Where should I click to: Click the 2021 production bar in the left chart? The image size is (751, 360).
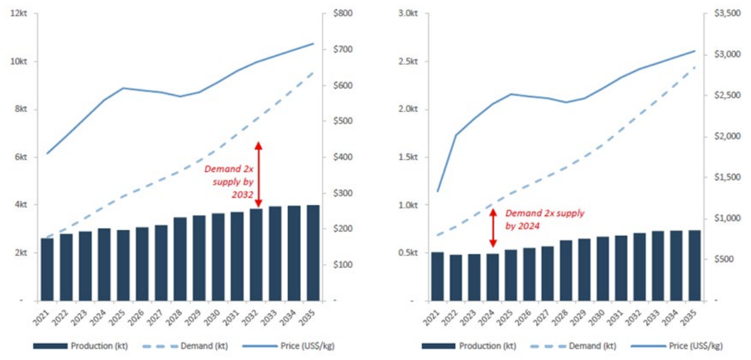[47, 269]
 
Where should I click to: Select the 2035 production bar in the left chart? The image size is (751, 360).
[313, 253]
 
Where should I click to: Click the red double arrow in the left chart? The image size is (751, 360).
[258, 171]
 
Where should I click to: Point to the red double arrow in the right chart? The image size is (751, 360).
[493, 227]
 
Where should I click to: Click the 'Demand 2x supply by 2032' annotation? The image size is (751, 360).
[229, 182]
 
